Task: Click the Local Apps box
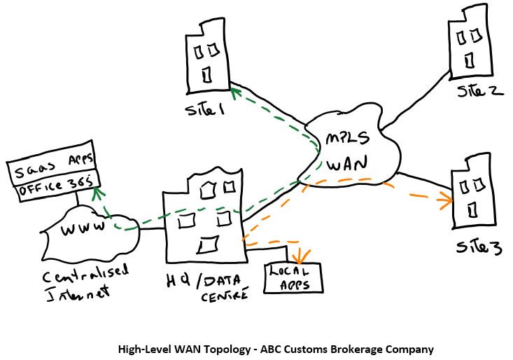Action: pos(291,277)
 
